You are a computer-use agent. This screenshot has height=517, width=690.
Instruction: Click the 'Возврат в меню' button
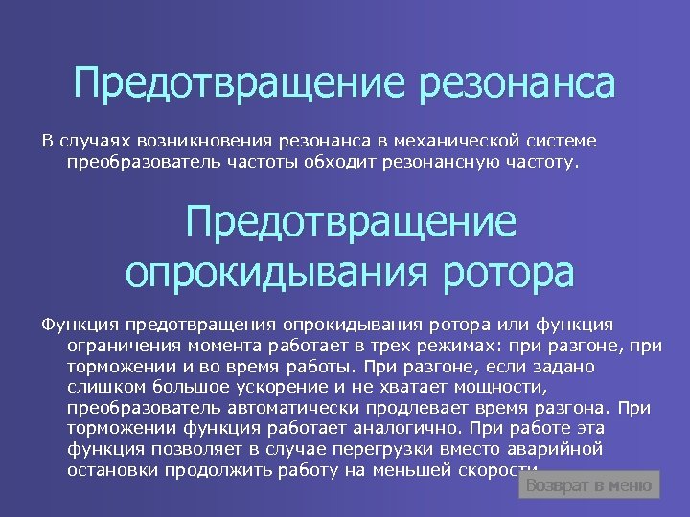(589, 485)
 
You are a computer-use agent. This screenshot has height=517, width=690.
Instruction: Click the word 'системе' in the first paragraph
(561, 142)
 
